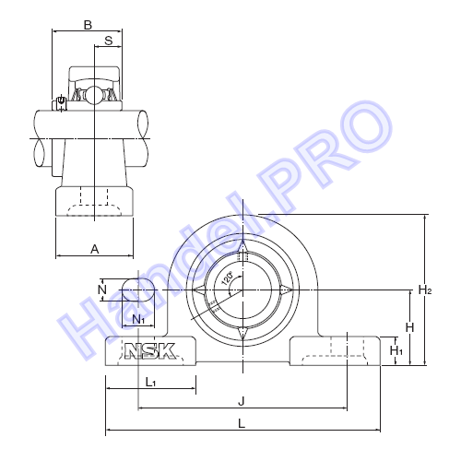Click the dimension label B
click(88, 25)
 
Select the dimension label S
click(109, 41)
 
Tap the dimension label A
click(95, 249)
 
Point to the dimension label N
click(102, 290)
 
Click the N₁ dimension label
click(138, 320)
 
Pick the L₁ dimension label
click(150, 383)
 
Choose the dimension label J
click(242, 401)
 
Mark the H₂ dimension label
click(425, 290)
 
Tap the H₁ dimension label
click(396, 350)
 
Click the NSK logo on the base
click(150, 351)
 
